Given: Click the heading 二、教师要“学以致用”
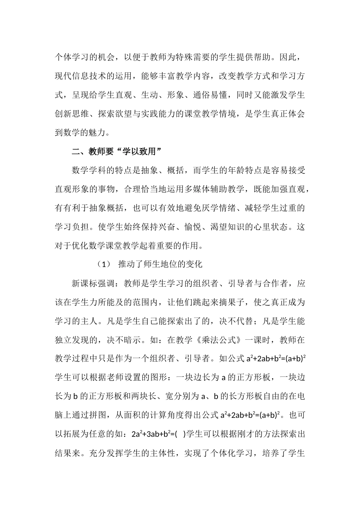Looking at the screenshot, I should click(x=117, y=151).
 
